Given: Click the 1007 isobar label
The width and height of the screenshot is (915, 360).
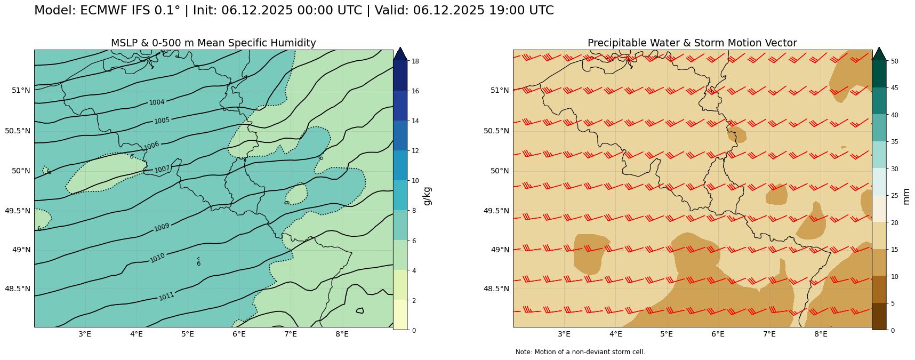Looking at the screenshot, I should (162, 170).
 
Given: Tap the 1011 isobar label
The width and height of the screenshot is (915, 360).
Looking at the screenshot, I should (166, 297).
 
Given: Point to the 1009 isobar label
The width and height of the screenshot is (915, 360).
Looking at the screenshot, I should (162, 228).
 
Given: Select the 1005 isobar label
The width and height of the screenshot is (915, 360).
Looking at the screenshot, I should (162, 121).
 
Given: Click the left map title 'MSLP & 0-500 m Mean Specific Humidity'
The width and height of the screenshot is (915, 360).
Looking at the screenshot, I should (213, 43).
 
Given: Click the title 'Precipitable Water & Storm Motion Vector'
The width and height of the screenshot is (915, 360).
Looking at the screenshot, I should (692, 43).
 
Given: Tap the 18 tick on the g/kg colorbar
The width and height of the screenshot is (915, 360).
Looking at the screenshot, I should (415, 61).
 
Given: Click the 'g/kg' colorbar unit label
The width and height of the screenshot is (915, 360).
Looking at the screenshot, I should (427, 196).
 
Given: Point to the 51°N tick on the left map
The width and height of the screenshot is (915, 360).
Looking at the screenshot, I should (21, 90).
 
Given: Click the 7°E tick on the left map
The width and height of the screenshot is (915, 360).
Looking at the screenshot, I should (291, 334).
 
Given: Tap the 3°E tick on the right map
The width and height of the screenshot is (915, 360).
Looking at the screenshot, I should (564, 334).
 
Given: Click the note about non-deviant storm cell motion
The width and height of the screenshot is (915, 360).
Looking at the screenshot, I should (580, 352).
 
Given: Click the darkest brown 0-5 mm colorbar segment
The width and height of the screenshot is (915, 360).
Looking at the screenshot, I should (879, 316).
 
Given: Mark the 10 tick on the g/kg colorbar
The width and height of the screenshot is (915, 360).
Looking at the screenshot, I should (415, 181).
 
